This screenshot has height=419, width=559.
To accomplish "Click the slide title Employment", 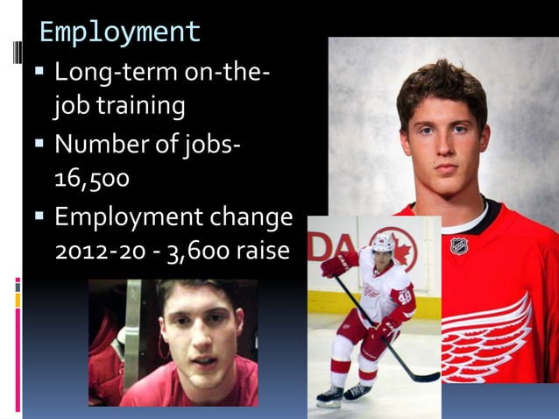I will [120, 32].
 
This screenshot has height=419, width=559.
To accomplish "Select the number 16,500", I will [91, 179].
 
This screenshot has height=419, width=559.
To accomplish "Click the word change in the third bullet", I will [248, 216].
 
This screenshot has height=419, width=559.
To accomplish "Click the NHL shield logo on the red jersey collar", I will [458, 245].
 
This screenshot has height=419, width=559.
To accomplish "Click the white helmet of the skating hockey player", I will [383, 242].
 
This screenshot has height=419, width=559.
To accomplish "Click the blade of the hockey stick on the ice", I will [426, 378].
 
